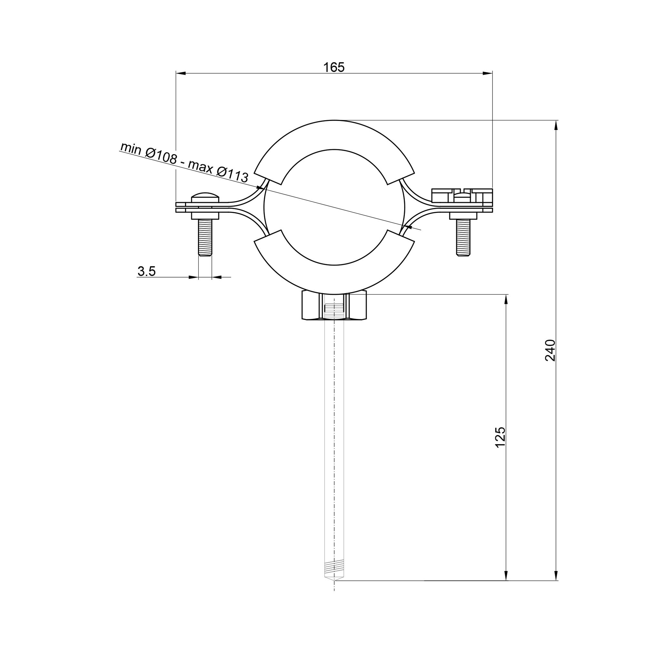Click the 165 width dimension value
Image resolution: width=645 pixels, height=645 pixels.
333,67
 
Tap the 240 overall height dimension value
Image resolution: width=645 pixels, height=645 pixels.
550,350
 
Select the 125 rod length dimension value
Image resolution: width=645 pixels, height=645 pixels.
501,437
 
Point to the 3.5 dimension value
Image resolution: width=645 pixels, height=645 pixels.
146,272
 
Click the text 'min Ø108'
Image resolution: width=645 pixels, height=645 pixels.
148,153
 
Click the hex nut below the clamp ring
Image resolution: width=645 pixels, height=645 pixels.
334,305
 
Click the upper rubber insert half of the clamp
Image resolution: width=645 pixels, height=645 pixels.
334,135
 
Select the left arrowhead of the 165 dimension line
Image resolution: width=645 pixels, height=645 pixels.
181,73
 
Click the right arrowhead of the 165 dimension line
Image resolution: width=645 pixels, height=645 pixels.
488,73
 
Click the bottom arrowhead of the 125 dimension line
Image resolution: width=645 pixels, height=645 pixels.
506,576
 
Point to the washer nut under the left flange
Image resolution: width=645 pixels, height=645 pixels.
205,216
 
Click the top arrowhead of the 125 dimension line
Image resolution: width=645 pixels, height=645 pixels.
506,300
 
